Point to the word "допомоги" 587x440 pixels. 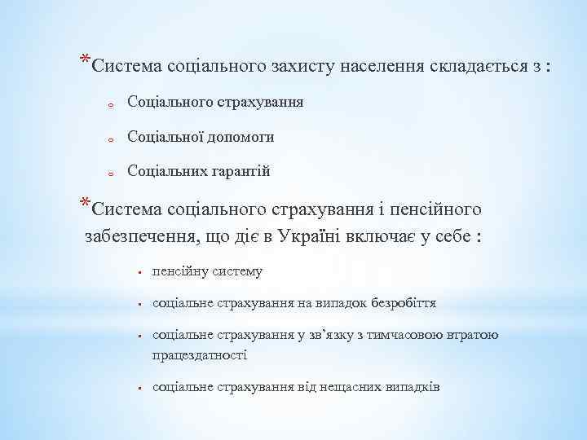tap(240, 137)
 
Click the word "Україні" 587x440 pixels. tap(315, 237)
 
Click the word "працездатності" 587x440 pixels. tap(199, 354)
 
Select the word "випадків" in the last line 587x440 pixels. tap(412, 386)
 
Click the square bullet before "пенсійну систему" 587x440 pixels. tap(140, 272)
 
